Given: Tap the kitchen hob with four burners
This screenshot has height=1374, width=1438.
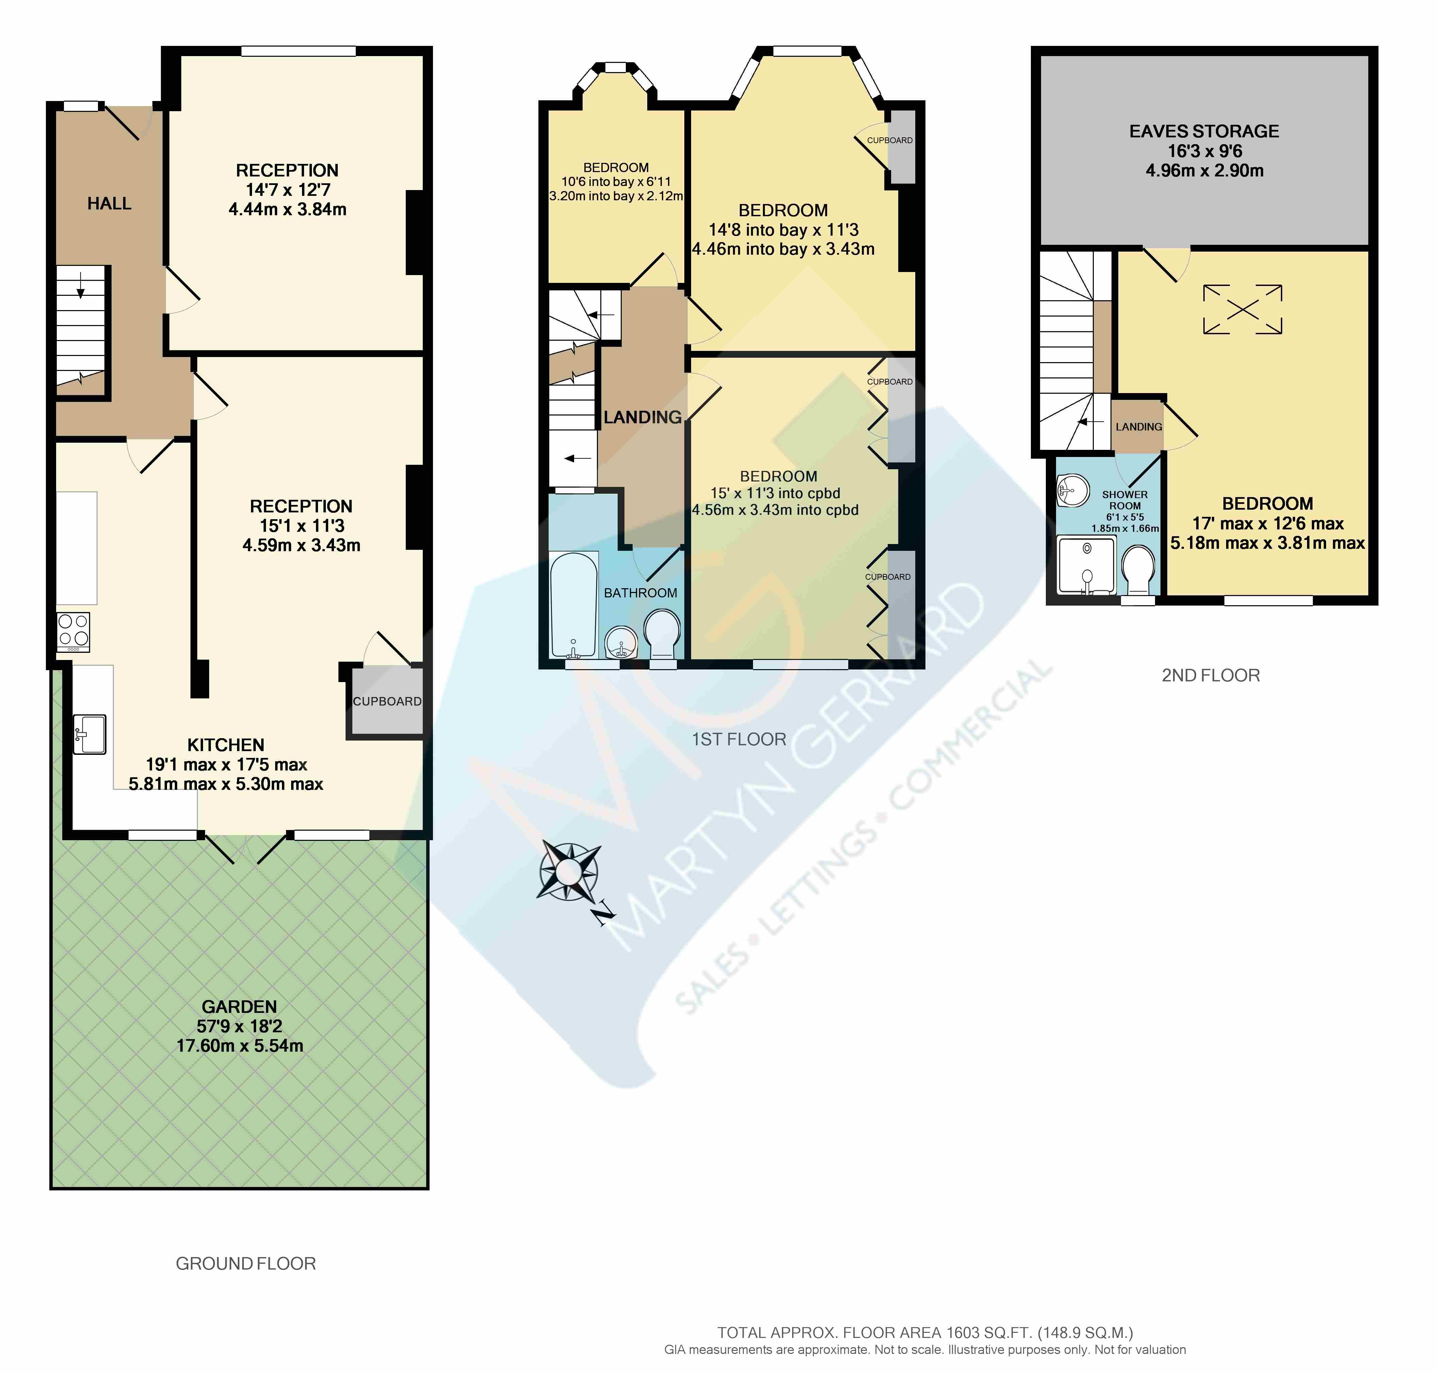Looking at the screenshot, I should pos(73,631).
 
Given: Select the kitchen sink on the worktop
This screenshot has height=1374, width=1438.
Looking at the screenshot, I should pos(89,734).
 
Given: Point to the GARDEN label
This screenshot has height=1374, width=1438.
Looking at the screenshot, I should pos(239,1006).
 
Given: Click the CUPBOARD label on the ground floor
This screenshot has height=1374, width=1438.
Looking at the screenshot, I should pos(387,701).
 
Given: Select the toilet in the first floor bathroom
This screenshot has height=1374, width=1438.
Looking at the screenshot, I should pos(663,634).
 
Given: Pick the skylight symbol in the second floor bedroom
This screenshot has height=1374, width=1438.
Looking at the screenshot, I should pos(1242,309).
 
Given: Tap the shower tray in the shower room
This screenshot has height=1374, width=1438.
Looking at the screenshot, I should pos(1087,564).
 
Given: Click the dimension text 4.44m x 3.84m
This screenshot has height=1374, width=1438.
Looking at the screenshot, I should pos(287,209).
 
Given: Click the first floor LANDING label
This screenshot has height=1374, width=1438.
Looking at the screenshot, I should pos(642,418).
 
